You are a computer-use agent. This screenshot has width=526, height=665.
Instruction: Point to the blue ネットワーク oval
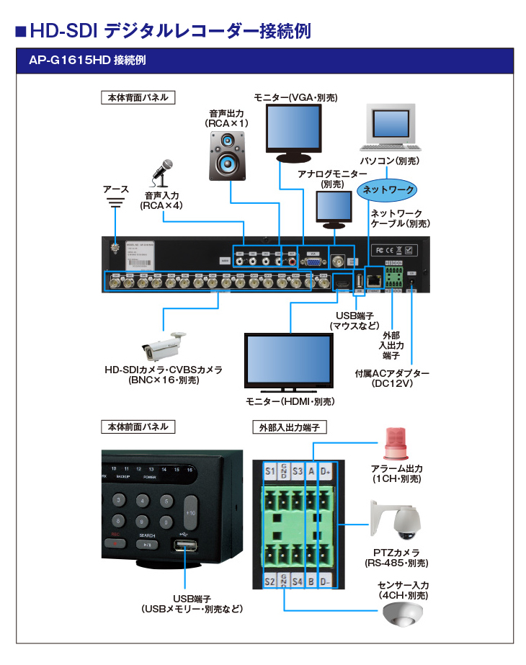pyautogui.click(x=388, y=189)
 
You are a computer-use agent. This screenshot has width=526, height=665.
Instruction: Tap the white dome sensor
pyautogui.click(x=401, y=615)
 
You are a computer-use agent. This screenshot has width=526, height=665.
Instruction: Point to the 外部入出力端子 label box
pyautogui.click(x=289, y=427)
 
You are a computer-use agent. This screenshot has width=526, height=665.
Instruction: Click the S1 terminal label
pyautogui.click(x=270, y=471)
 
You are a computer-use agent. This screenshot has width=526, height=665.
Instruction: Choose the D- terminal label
pyautogui.click(x=326, y=581)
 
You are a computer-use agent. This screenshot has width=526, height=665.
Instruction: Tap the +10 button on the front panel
pyautogui.click(x=190, y=511)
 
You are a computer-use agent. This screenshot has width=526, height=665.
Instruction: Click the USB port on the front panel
pyautogui.click(x=184, y=545)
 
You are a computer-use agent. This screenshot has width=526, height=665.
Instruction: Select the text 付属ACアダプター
pyautogui.click(x=392, y=374)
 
